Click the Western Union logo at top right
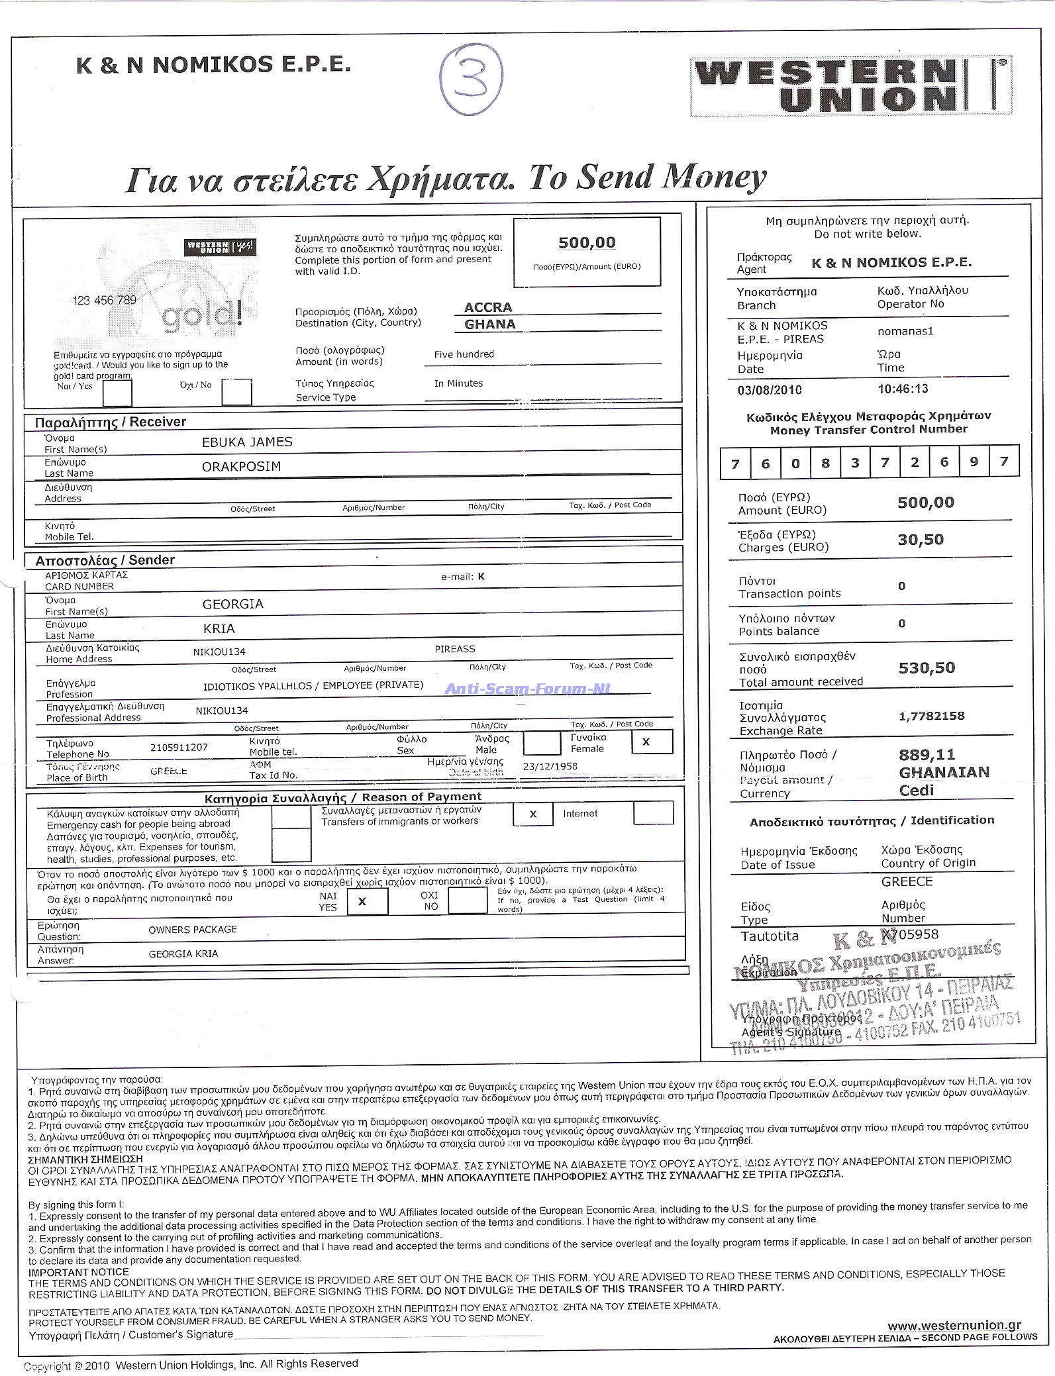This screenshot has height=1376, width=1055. [x=850, y=86]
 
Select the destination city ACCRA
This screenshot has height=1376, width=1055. [x=488, y=307]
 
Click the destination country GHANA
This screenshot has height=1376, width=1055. [x=489, y=324]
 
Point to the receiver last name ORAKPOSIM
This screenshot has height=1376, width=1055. [x=241, y=466]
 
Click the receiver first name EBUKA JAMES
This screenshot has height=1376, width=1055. [x=247, y=442]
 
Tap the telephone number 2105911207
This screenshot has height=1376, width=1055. [x=179, y=748]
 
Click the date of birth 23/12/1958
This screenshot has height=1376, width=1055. [x=550, y=766]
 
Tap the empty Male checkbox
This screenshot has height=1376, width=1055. [x=542, y=743]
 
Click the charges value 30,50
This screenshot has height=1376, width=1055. [x=921, y=540]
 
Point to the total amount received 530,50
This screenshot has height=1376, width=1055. [x=927, y=668]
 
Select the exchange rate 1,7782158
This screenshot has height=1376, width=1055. [x=931, y=716]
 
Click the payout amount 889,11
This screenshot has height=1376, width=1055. [x=927, y=755]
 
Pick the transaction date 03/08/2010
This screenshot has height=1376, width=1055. [x=770, y=390]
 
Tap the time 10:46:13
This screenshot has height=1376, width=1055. [x=903, y=389]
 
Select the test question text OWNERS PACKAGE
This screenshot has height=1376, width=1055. [x=192, y=930]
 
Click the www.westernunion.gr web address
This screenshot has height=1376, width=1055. [x=954, y=1325]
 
